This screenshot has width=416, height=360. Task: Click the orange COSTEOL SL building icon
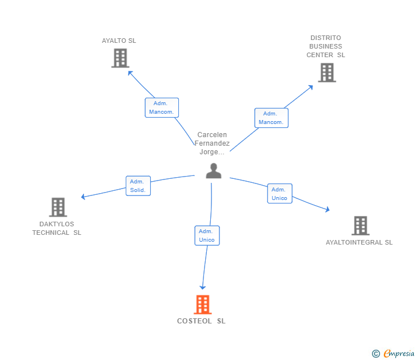[203, 305]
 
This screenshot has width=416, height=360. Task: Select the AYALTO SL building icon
[120, 58]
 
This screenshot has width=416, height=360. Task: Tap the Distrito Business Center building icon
[327, 73]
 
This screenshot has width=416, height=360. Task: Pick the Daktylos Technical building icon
[58, 207]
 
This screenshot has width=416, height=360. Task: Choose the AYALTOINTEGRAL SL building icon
[360, 226]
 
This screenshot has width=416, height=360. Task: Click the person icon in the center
[214, 171]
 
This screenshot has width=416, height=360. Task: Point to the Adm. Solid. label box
[138, 186]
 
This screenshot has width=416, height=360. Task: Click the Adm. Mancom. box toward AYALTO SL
[162, 107]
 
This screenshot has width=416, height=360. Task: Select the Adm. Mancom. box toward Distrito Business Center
[271, 118]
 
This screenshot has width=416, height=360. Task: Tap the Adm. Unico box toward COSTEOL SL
[207, 235]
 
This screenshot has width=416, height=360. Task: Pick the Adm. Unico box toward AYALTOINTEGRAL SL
[279, 194]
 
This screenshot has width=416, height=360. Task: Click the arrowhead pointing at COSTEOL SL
[203, 287]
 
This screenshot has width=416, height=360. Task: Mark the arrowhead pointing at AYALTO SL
[130, 73]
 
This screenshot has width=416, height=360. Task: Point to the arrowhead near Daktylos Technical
[83, 197]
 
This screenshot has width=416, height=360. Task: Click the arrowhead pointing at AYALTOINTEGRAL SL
[327, 209]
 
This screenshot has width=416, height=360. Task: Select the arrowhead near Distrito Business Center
[311, 87]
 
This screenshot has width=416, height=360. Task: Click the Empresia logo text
[399, 353]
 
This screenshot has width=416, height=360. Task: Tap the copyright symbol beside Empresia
[375, 354]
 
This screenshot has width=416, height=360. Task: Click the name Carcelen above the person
[212, 135]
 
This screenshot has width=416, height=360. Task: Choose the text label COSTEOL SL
[201, 321]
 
